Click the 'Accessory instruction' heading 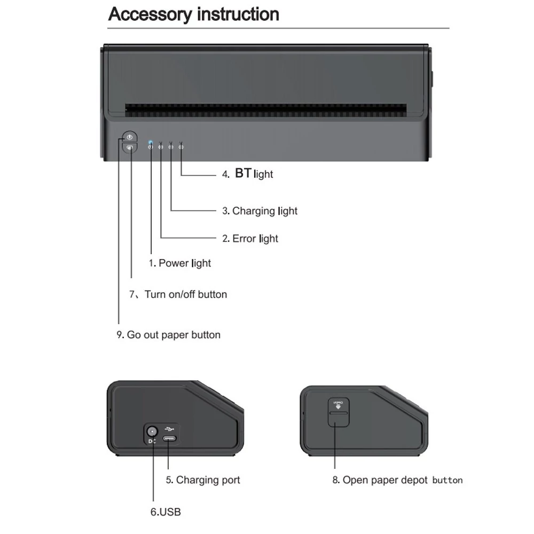(193, 14)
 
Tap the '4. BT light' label (248, 174)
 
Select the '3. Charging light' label (260, 211)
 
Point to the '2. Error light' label (250, 238)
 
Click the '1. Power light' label (180, 263)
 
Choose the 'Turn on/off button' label (186, 294)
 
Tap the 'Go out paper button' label (174, 335)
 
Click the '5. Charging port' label (203, 480)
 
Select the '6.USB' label (166, 512)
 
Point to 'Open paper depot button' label (403, 480)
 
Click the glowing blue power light (151, 142)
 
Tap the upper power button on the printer (129, 137)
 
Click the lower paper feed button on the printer (129, 148)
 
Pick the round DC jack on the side (152, 431)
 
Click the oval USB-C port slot (169, 438)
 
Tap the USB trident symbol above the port (169, 429)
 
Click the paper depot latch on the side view (339, 412)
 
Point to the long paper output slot (265, 111)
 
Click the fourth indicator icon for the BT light (181, 147)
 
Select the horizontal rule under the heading (278, 28)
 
